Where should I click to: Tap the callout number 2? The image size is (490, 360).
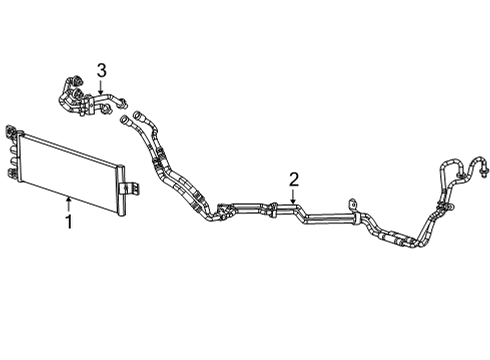coord(293,180)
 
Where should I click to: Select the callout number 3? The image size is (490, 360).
coord(101,68)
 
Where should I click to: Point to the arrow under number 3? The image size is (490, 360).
coord(101,87)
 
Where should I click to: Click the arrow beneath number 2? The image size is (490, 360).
coord(293,199)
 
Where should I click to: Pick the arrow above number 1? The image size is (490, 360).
coord(68,200)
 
